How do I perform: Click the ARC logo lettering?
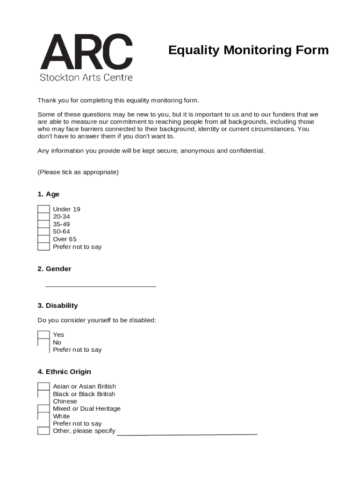(86, 52)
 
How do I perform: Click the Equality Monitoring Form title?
(248, 50)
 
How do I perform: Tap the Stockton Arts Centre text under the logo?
(86, 77)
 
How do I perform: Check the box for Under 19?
(43, 209)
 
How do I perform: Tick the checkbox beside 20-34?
(43, 217)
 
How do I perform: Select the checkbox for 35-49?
(43, 224)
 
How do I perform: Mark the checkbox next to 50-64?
(43, 232)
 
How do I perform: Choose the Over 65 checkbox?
(43, 239)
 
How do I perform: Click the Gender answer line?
(101, 285)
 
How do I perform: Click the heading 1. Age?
(48, 194)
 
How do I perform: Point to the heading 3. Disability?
(58, 305)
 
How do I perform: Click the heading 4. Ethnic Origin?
(64, 371)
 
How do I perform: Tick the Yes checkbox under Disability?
(43, 334)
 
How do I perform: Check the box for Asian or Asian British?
(43, 386)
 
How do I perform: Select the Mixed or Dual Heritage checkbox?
(43, 409)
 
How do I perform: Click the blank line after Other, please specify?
(187, 433)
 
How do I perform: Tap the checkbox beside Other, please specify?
(43, 431)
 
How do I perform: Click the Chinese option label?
(65, 401)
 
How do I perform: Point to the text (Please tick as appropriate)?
(78, 172)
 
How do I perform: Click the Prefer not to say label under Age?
(77, 247)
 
